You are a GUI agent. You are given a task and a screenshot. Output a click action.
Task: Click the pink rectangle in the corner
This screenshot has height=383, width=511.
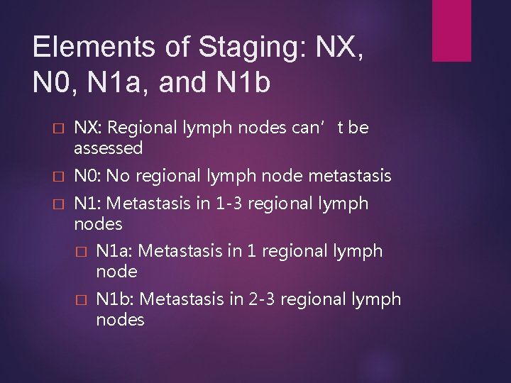click(x=451, y=30)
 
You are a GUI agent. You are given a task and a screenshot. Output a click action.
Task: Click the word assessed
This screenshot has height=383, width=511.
click(x=109, y=148)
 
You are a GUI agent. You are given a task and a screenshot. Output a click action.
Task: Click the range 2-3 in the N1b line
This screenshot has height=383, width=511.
click(x=262, y=299)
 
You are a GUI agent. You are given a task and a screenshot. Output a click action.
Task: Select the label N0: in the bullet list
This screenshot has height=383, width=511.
click(x=88, y=175)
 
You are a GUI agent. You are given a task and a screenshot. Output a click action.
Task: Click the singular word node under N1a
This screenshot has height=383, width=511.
click(x=116, y=272)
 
